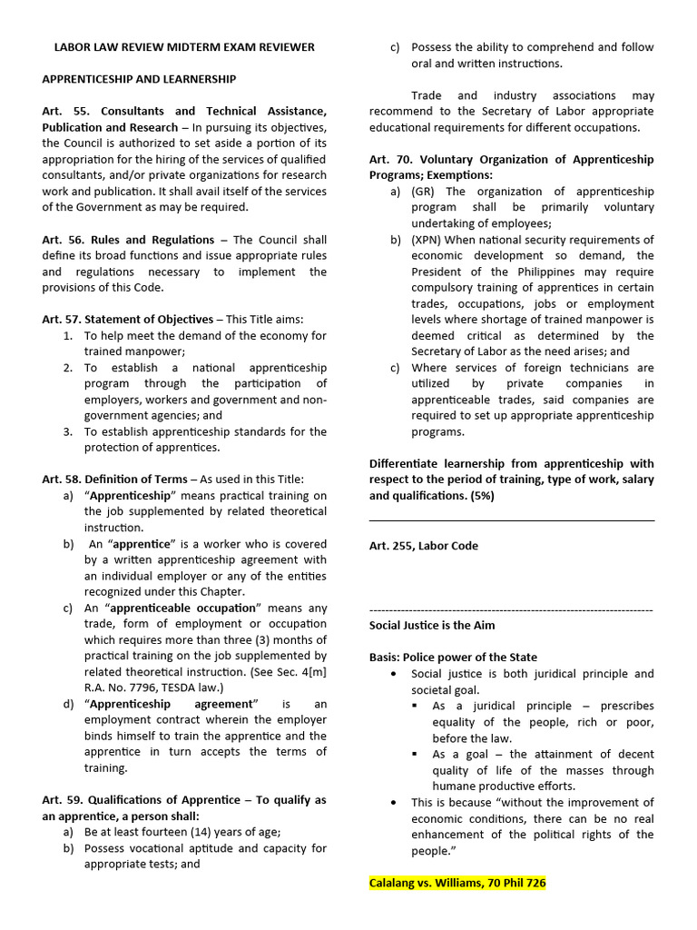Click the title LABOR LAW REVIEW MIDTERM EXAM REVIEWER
[x=184, y=47]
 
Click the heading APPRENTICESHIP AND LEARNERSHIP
[x=139, y=79]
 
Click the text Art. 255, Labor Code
[x=423, y=546]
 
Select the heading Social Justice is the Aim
[x=432, y=626]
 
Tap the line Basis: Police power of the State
[x=453, y=658]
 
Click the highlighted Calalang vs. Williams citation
[x=457, y=883]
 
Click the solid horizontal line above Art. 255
[x=511, y=521]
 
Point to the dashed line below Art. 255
[x=511, y=609]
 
